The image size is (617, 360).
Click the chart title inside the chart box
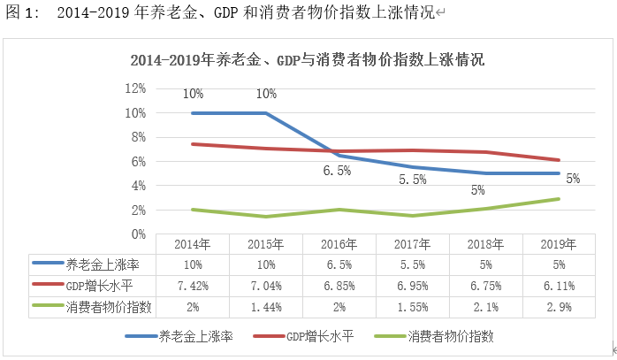point(307,62)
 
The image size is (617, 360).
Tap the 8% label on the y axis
point(135,137)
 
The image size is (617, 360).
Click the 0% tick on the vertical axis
point(135,234)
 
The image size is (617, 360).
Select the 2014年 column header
point(193,244)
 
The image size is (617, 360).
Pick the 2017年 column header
point(413,244)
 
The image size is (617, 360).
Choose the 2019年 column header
point(558,244)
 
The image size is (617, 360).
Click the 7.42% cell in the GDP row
point(193,285)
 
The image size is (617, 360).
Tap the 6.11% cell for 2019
point(558,285)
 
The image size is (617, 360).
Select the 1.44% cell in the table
point(266,305)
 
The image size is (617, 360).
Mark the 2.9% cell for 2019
point(558,305)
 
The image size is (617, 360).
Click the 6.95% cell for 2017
point(413,285)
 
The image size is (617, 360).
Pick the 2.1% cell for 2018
point(485,305)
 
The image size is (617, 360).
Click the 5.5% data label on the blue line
point(413,180)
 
